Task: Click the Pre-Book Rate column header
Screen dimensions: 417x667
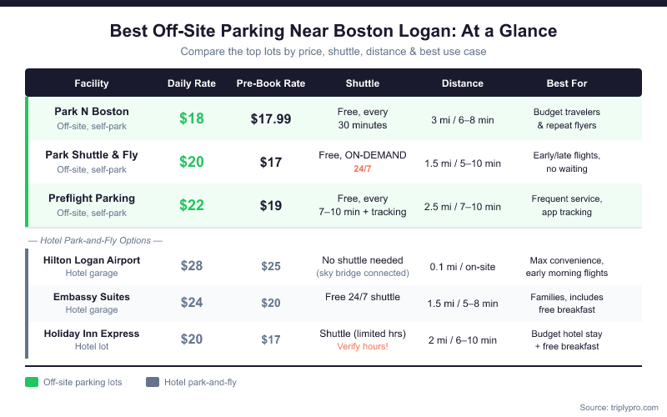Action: [x=271, y=83]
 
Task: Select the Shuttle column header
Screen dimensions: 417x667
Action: [x=363, y=83]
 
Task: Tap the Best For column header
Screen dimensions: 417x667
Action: [x=566, y=83]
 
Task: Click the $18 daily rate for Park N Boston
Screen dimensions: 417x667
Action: [x=192, y=118]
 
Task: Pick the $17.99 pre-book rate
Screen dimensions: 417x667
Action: [x=271, y=118]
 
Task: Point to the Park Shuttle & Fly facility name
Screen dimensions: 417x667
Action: [x=92, y=155]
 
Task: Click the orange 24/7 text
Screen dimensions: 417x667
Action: [x=363, y=168]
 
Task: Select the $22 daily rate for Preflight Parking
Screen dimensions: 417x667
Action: [x=192, y=205]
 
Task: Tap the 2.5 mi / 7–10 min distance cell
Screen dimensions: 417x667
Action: [x=463, y=206]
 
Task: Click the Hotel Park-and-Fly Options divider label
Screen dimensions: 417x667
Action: [x=93, y=241]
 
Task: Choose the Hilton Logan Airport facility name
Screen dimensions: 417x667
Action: [x=92, y=260]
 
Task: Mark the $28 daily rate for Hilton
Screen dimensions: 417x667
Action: [x=192, y=266]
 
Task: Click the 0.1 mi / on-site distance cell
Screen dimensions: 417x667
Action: [x=463, y=267]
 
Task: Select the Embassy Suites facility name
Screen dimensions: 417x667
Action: [x=92, y=297]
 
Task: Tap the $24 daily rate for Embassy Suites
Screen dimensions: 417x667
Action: [x=192, y=303]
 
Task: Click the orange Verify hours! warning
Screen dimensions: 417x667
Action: [x=363, y=346]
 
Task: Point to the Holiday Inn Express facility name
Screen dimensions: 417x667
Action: [x=92, y=334]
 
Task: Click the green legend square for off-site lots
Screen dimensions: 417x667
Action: [x=33, y=382]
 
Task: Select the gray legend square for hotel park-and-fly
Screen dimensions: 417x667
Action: [x=153, y=382]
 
